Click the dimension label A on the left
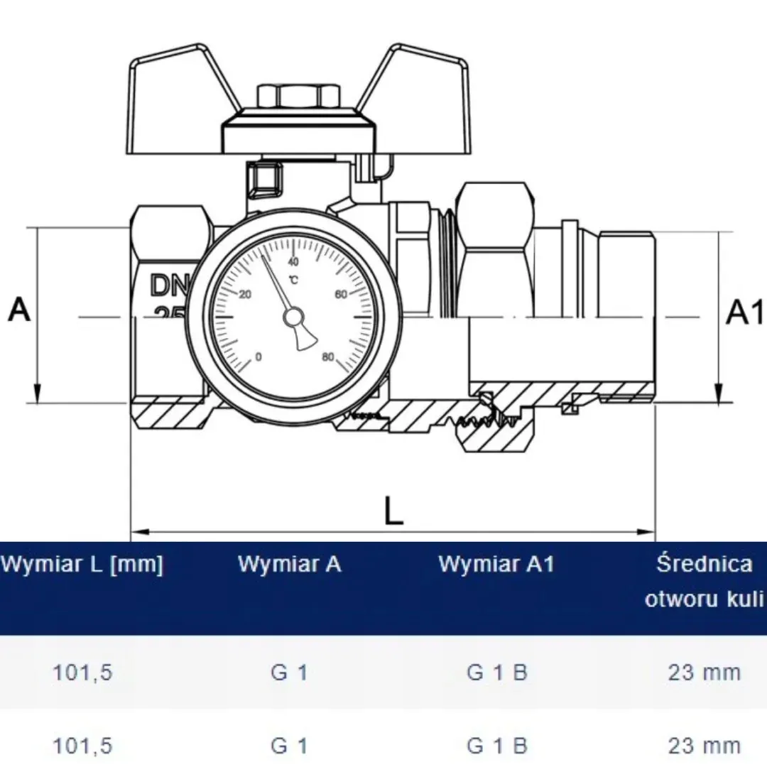click(x=19, y=310)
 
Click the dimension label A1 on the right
click(x=744, y=312)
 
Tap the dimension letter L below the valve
click(x=393, y=511)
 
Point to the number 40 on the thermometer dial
click(x=293, y=262)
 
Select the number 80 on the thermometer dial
click(x=327, y=357)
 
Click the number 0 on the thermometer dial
click(x=259, y=357)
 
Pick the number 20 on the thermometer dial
click(x=246, y=295)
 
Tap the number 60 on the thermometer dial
click(x=339, y=295)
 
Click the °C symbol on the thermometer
click(x=293, y=278)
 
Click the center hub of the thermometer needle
click(x=293, y=319)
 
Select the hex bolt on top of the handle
click(x=298, y=95)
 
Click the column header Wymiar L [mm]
click(x=81, y=565)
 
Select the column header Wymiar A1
click(x=496, y=565)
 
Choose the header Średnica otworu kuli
click(x=704, y=582)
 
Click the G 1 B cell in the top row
click(x=496, y=673)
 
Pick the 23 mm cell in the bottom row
click(x=704, y=745)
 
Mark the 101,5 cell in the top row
click(x=82, y=673)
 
